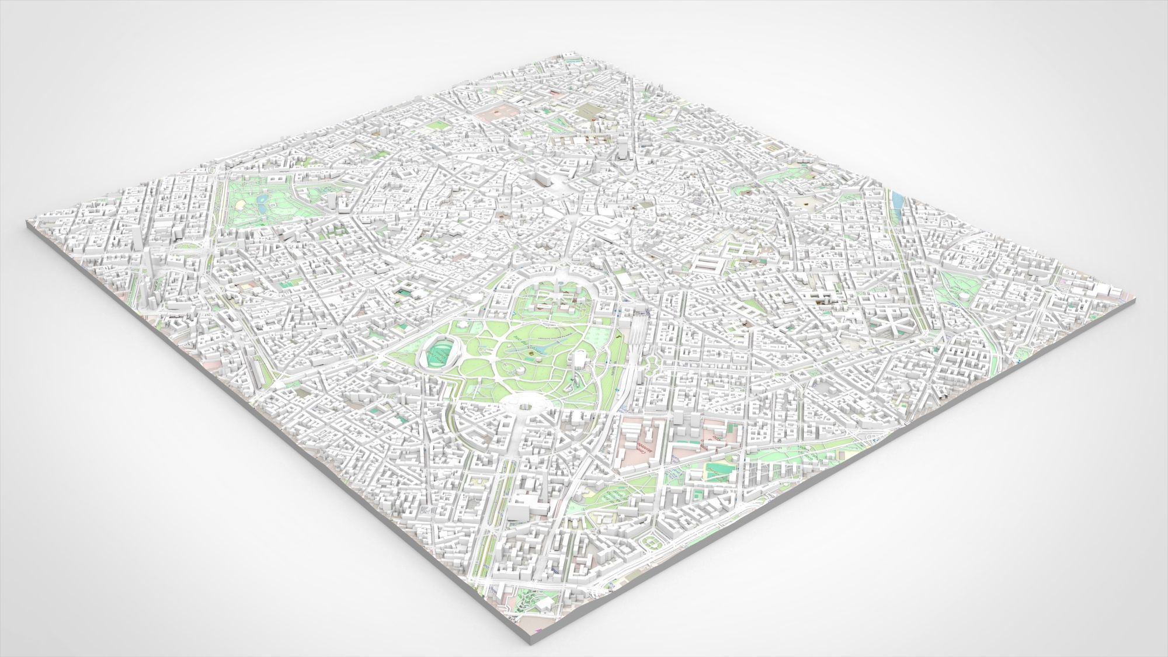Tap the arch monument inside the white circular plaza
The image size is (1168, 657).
coord(522,401)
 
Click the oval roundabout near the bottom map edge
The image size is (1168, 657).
coord(649,544)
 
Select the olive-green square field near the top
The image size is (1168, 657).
coord(587,110)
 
